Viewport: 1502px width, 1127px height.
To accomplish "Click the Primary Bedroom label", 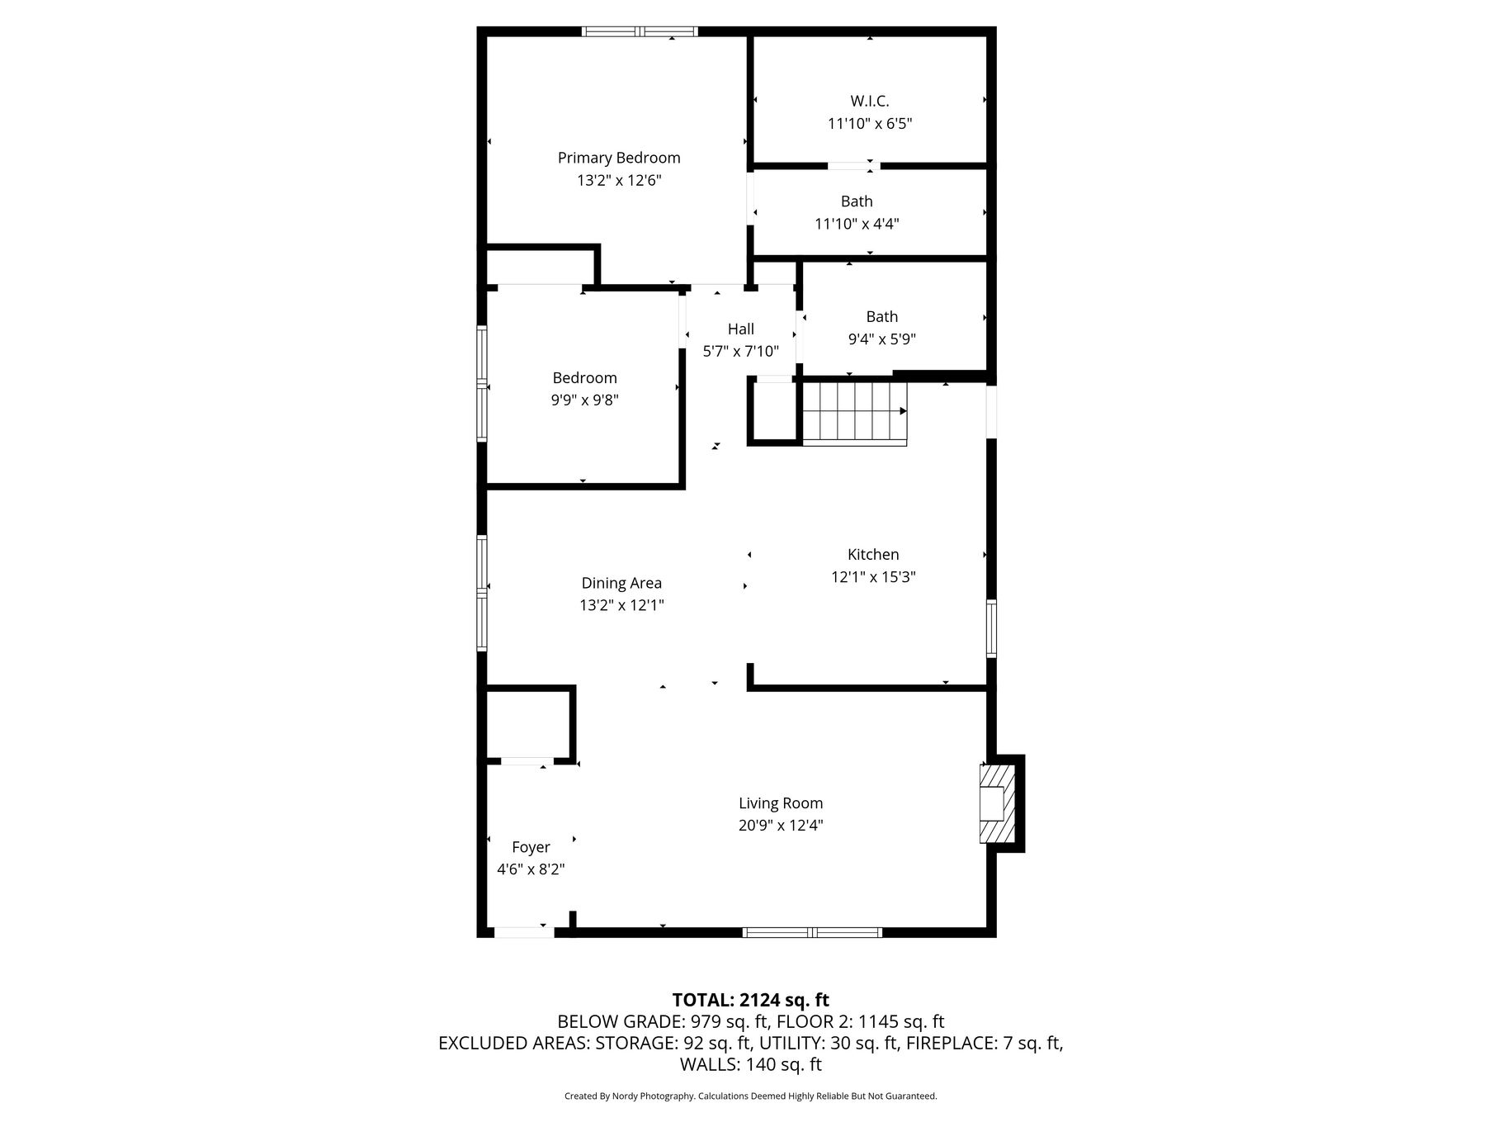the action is tap(619, 158).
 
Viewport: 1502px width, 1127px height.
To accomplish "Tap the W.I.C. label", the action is tap(870, 101).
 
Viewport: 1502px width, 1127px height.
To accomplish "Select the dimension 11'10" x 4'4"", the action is tap(857, 224).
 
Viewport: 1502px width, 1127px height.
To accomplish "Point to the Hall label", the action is tap(741, 329).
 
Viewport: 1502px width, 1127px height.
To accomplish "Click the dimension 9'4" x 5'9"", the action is tap(882, 339).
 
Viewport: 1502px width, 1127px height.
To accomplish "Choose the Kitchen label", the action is tap(873, 555).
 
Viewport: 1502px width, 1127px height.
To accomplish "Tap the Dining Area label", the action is tap(621, 583).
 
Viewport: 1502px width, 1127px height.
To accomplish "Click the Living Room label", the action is tap(781, 803).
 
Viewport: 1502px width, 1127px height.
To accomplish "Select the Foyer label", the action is tap(531, 847).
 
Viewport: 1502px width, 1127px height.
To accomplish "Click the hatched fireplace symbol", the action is tap(996, 804).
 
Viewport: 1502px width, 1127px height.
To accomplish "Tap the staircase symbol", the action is tap(855, 413).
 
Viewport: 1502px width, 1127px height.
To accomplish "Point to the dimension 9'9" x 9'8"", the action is tap(585, 400).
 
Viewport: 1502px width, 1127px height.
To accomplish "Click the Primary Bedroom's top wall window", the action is tap(640, 32).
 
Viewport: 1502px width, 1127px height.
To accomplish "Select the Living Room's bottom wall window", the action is tap(812, 933).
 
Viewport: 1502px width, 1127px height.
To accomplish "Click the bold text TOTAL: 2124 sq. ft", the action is tap(751, 1001).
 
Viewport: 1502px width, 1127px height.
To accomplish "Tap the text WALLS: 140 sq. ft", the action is tap(751, 1065).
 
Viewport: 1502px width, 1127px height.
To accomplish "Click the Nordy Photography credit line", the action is tap(751, 1096).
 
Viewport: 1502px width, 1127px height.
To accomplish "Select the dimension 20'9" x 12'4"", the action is tap(781, 826).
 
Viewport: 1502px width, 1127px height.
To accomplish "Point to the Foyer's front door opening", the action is tap(523, 933).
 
